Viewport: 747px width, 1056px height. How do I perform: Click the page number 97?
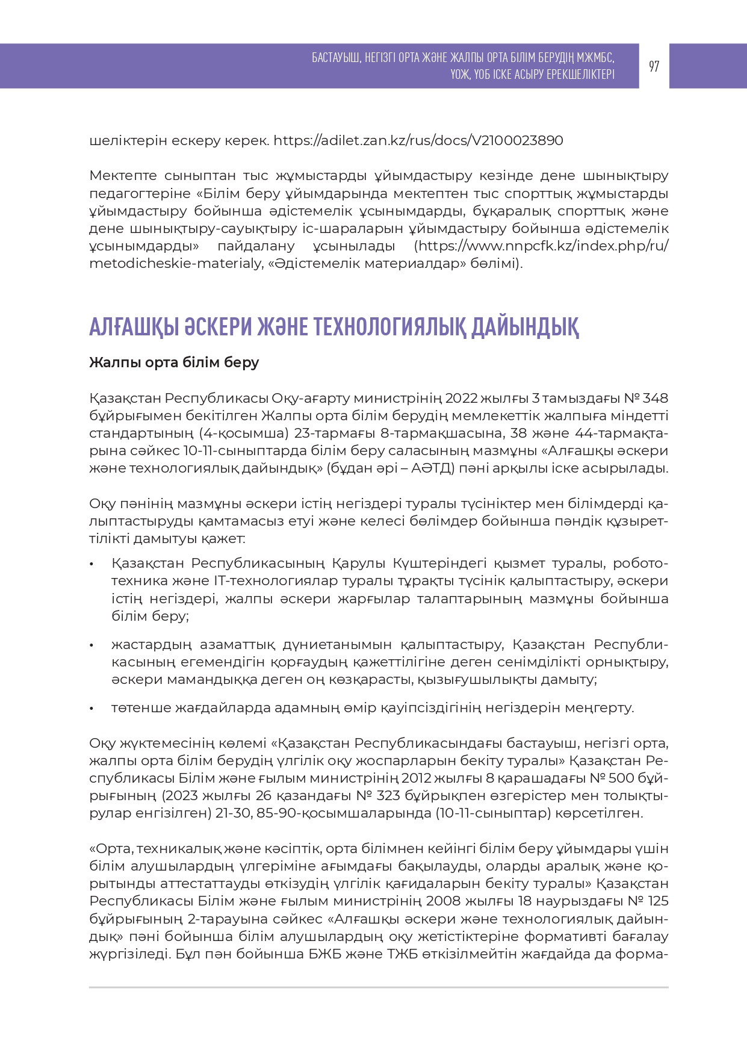tap(654, 66)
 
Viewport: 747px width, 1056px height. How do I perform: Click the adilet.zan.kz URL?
tap(418, 141)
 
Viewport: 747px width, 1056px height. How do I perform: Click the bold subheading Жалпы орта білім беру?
tap(174, 362)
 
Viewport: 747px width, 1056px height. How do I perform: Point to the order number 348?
tap(656, 399)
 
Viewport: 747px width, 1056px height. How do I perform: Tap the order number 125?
tap(657, 901)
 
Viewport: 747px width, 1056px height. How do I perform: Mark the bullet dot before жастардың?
tap(91, 645)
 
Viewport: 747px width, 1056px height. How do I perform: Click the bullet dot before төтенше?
tap(91, 709)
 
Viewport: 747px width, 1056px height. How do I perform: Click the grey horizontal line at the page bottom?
tap(379, 987)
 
